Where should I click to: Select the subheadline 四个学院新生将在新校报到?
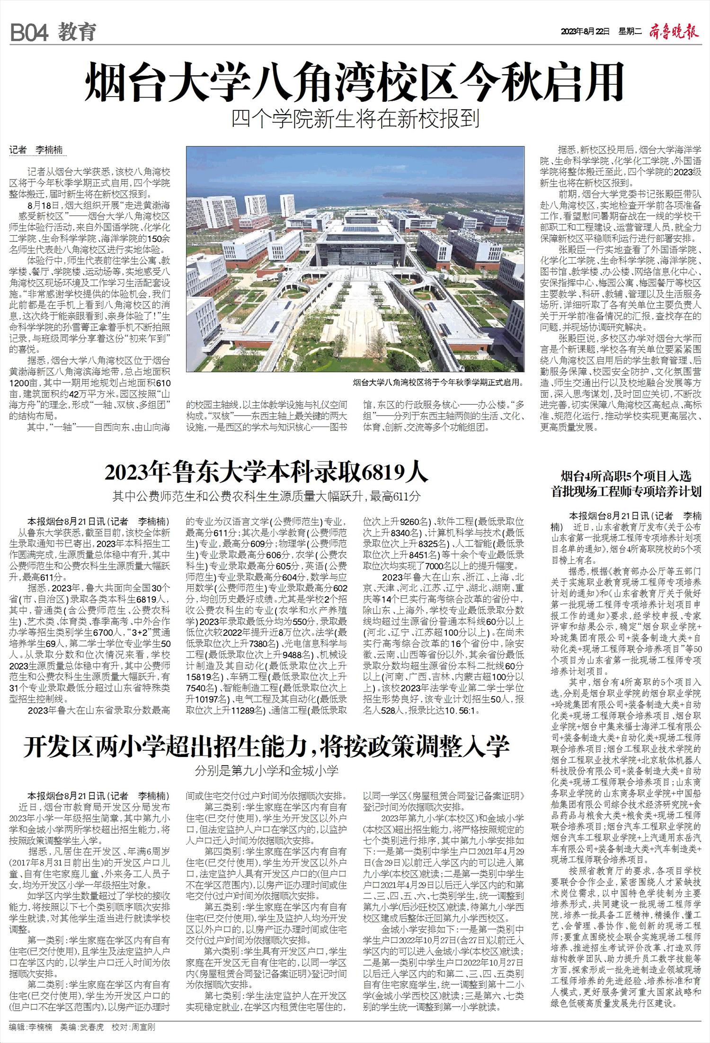point(355,118)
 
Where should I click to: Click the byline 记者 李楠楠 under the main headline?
point(38,151)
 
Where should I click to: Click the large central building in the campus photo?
point(355,246)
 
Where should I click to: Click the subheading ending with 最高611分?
point(266,497)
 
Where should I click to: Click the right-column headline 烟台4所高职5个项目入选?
point(626,476)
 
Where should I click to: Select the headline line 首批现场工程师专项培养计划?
point(626,492)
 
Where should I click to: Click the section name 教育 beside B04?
point(77,33)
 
